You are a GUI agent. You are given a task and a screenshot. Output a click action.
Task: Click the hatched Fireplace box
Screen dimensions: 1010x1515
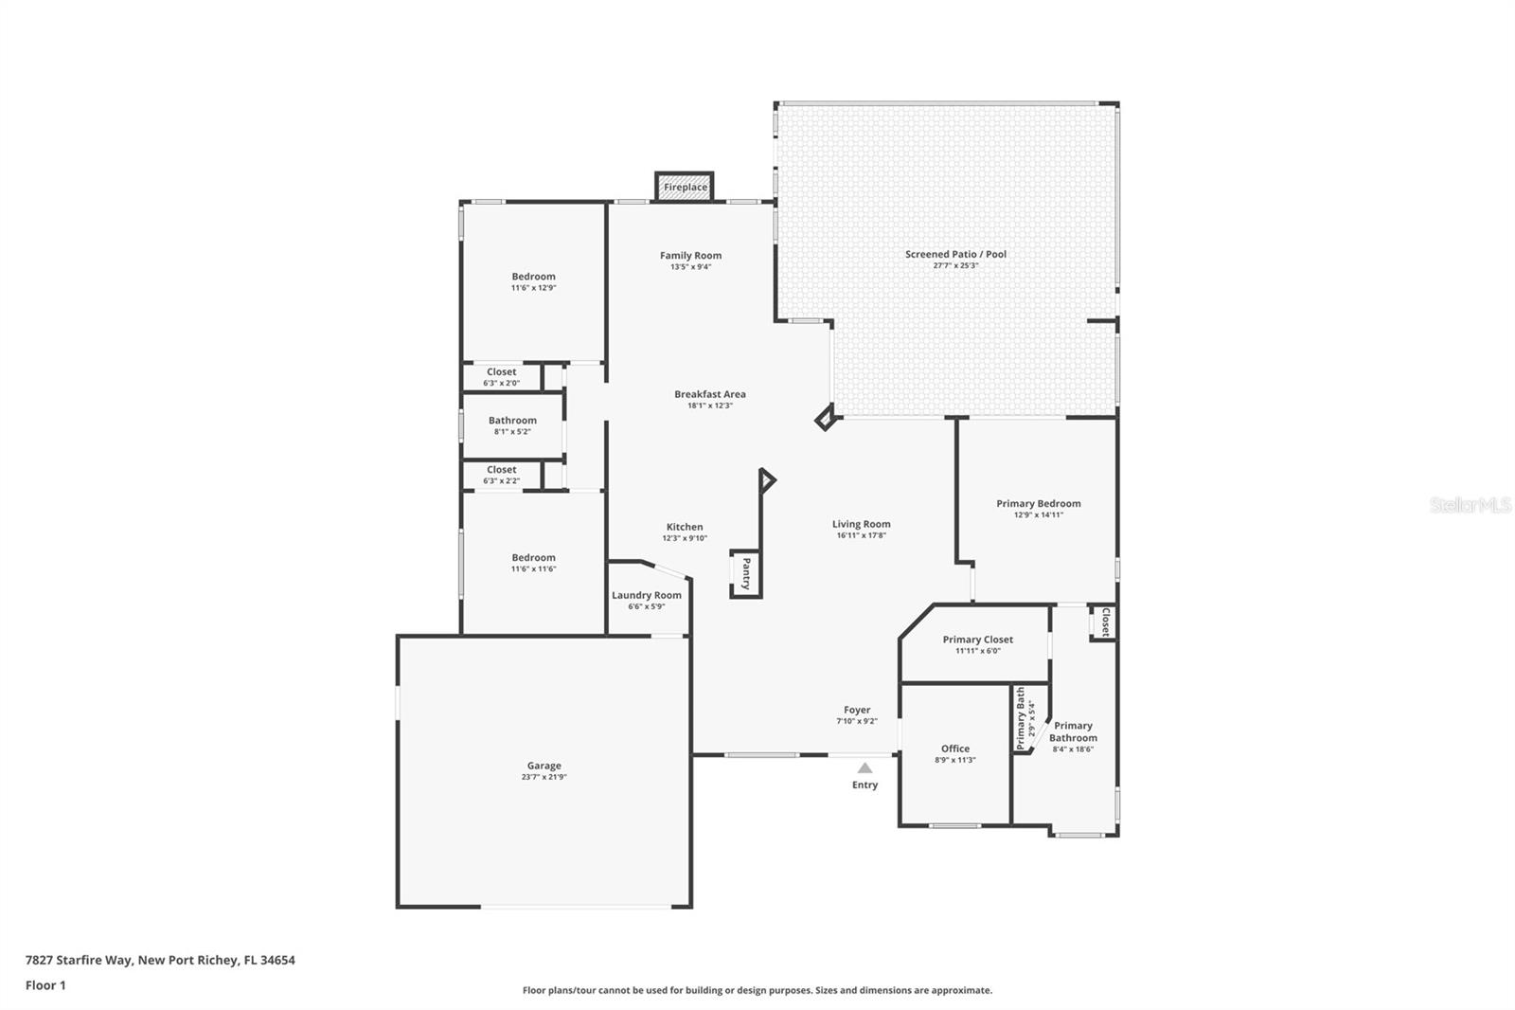pyautogui.click(x=685, y=187)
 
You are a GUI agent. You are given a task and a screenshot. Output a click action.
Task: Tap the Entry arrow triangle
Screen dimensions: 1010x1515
pyautogui.click(x=864, y=768)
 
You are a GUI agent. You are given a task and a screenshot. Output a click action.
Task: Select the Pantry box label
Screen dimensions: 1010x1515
pyautogui.click(x=746, y=573)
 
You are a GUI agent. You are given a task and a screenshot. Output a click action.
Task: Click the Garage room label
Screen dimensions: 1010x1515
pyautogui.click(x=544, y=766)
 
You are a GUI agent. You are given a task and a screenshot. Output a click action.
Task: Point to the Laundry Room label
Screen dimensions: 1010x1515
pyautogui.click(x=646, y=596)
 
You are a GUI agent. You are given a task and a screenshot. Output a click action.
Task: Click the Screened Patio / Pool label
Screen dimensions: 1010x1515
pyautogui.click(x=955, y=254)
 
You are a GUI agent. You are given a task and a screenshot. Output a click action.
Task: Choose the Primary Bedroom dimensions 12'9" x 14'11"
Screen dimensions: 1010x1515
pyautogui.click(x=1038, y=515)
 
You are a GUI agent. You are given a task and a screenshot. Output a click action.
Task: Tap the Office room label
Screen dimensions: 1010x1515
pyautogui.click(x=954, y=748)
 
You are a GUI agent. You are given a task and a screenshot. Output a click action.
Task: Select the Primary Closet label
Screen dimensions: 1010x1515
pyautogui.click(x=977, y=640)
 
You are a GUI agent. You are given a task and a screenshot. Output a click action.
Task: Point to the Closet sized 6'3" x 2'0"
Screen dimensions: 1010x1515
pyautogui.click(x=501, y=377)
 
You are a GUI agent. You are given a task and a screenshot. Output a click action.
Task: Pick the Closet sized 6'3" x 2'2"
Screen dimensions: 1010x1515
pyautogui.click(x=501, y=475)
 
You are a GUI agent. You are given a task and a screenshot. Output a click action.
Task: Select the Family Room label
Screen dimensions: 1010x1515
pyautogui.click(x=690, y=256)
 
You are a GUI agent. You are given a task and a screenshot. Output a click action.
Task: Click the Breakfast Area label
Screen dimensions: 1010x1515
pyautogui.click(x=709, y=394)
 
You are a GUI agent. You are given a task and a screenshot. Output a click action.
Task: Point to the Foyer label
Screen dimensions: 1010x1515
pyautogui.click(x=857, y=710)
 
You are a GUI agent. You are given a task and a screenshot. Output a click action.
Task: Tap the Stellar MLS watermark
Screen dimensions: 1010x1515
pyautogui.click(x=1470, y=505)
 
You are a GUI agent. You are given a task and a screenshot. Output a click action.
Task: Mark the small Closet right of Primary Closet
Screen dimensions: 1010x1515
pyautogui.click(x=1104, y=622)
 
